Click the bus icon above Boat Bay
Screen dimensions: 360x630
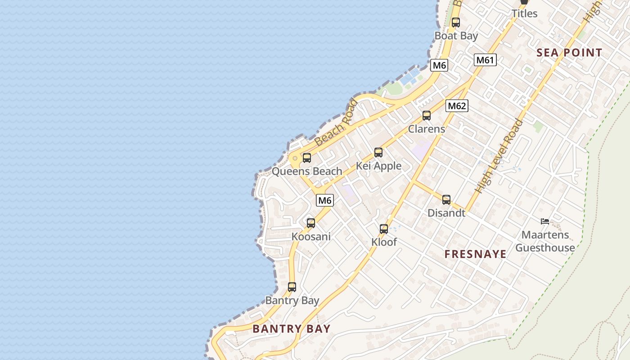coord(456,22)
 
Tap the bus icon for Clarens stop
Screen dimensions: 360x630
coord(427,116)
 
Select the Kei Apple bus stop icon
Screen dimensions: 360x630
coord(378,153)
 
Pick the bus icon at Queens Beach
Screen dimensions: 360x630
coord(307,158)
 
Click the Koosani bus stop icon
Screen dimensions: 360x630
coord(311,223)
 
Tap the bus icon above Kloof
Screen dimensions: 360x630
coord(384,229)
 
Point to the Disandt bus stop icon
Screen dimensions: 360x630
coord(446,200)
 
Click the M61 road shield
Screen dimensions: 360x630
coord(485,60)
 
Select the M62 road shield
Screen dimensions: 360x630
coord(457,106)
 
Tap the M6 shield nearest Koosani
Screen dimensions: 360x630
coord(324,200)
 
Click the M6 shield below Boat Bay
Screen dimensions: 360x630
coord(439,65)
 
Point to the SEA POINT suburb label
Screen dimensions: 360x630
coord(569,53)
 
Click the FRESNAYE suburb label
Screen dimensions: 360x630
coord(476,254)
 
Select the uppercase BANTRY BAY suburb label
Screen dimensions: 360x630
coord(292,329)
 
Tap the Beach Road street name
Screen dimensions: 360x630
coord(336,123)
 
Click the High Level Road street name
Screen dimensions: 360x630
coord(500,156)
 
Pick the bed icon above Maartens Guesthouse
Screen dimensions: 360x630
coord(545,221)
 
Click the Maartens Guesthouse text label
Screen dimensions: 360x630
coord(545,241)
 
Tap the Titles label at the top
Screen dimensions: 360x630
coord(524,13)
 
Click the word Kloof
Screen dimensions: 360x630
coord(384,242)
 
